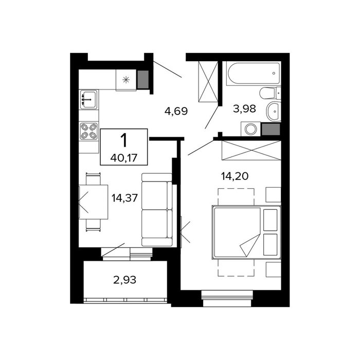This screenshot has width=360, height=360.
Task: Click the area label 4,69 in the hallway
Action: coord(176,111)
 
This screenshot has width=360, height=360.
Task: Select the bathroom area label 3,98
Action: coord(244,109)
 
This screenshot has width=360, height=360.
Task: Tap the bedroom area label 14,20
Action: coord(235,176)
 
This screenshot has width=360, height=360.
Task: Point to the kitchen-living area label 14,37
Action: coord(124,197)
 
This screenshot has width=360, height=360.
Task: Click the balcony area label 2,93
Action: coord(124,280)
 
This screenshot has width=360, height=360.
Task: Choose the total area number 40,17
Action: coord(124,158)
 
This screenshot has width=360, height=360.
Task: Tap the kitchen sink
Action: coord(88,99)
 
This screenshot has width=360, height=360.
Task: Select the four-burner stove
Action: coord(88,131)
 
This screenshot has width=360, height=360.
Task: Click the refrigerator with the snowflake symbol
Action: coord(126,80)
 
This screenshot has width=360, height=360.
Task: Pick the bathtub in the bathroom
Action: coord(254,73)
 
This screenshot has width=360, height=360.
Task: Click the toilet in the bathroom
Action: coord(270,93)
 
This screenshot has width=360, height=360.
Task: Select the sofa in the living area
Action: coord(157,210)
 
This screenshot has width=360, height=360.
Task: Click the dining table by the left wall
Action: coord(94,202)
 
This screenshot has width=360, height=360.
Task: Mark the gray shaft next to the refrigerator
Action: coord(143,79)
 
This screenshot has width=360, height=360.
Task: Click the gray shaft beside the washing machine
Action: coord(271,129)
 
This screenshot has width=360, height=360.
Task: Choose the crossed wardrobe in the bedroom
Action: coord(251,150)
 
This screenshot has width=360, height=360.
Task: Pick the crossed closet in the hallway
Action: coord(208,81)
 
